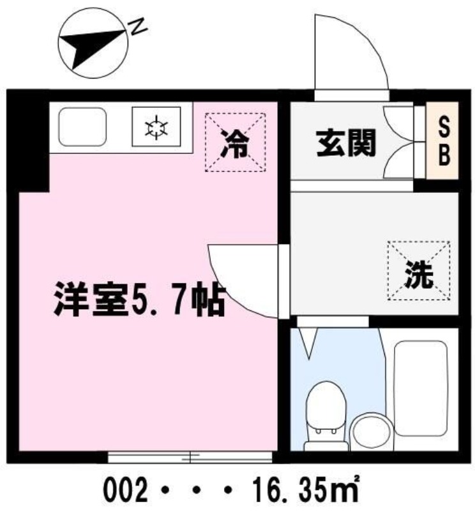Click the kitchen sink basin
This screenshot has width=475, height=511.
pos(82,126)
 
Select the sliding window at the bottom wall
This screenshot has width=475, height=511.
pos(190,456)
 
